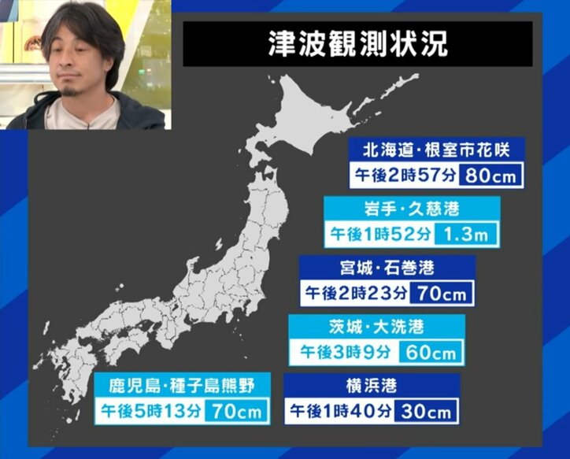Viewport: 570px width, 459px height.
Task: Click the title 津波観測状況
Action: click(x=357, y=44)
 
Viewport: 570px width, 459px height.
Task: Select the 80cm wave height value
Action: click(x=490, y=176)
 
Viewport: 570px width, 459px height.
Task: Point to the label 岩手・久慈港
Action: click(x=413, y=208)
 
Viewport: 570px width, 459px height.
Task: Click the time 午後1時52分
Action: click(x=379, y=234)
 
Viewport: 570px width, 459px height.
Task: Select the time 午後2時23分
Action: click(x=357, y=294)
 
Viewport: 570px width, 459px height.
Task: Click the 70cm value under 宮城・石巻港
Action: click(x=443, y=294)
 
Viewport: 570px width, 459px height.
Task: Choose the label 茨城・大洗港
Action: click(x=376, y=326)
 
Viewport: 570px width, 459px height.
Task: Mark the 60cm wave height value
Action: click(x=431, y=352)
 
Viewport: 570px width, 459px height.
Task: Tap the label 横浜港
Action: click(x=368, y=386)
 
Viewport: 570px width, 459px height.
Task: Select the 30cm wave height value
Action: click(x=425, y=411)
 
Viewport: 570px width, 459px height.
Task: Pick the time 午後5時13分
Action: click(x=150, y=411)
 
